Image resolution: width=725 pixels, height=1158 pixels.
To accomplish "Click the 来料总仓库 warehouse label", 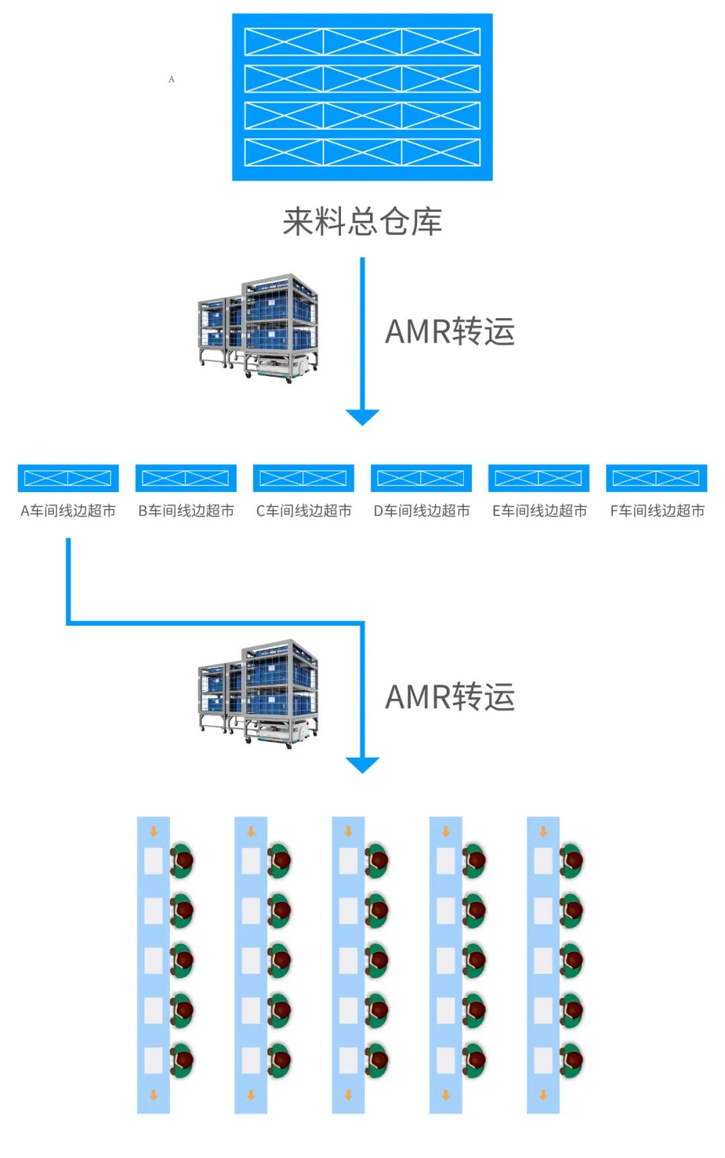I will pos(362,222).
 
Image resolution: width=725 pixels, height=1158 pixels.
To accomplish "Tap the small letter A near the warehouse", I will pos(171,79).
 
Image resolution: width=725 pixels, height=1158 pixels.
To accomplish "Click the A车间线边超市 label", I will pos(68,511).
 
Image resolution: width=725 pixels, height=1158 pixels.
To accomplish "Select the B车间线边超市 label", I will pos(186,511).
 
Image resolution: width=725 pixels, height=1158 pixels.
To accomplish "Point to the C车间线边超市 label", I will pos(303,511).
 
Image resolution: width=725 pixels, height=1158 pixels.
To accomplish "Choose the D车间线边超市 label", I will pos(422,511).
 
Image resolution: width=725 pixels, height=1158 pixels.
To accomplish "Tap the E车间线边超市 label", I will pos(539,511).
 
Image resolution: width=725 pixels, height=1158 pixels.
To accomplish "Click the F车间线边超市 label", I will pos(657,511).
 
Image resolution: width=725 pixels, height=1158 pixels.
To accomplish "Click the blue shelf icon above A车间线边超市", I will pos(68,478).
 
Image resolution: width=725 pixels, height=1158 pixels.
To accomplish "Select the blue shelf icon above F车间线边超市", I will pos(657,478).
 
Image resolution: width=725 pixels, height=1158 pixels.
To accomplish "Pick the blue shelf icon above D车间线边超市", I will pos(421,478).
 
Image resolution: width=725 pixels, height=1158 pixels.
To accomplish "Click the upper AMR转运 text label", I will pos(450,332).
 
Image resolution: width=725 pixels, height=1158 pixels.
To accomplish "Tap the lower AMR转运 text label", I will pos(450,697).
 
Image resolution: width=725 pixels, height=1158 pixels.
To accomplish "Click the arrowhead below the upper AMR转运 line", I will pos(362,417).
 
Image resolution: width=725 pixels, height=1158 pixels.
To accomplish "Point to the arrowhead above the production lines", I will pos(362,765).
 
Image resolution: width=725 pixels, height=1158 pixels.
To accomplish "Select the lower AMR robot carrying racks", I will pos(259,693).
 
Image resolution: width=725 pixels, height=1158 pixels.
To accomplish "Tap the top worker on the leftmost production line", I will pos(182,861).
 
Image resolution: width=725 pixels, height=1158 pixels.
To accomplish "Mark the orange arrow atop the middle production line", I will pos(348,831).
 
